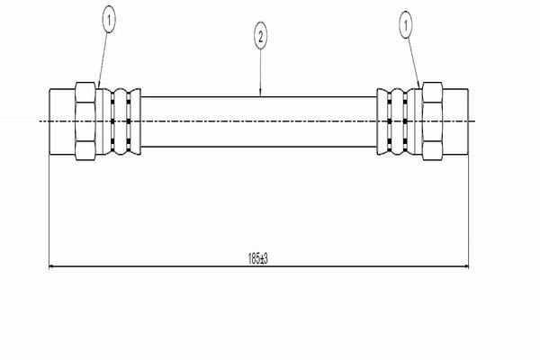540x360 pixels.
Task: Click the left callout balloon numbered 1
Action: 109,21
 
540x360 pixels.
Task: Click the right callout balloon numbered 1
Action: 406,24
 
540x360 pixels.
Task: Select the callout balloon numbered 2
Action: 260,36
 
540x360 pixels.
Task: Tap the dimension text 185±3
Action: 258,258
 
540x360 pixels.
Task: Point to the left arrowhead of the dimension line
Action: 52,266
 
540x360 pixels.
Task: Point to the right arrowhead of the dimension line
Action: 465,266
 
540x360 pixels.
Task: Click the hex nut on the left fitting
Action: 85,121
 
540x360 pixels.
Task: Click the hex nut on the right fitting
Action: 432,121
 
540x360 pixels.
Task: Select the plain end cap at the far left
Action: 62,121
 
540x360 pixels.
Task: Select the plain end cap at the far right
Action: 455,121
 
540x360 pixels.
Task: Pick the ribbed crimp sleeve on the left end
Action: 121,121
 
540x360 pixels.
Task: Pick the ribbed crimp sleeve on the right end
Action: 396,121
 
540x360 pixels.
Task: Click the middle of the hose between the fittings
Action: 258,121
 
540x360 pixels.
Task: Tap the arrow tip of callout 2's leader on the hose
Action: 260,96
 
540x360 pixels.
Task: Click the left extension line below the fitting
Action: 49,211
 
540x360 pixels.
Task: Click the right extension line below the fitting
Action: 468,211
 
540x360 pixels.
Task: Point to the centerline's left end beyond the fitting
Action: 40,121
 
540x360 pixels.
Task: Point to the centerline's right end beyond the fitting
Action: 475,121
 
